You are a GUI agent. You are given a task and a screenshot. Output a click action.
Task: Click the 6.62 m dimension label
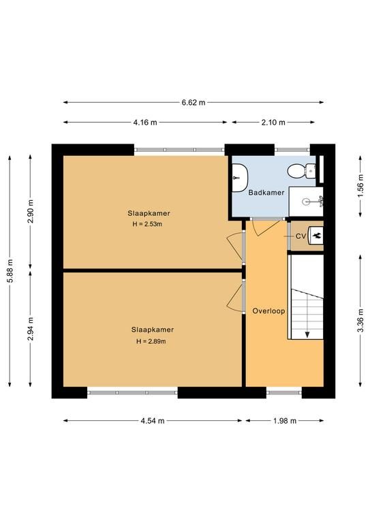click(194, 102)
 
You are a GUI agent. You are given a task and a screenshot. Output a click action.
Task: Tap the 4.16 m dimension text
click(145, 123)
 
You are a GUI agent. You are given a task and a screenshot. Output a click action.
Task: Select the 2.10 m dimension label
click(273, 123)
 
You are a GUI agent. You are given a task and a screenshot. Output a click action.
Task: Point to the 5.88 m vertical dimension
click(10, 270)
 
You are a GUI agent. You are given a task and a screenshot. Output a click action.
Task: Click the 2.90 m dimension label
click(31, 212)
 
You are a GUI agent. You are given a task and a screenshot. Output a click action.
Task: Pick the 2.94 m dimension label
click(31, 328)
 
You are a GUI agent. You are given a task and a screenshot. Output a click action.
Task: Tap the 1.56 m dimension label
click(360, 186)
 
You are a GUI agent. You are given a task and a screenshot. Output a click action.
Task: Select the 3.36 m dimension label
click(360, 321)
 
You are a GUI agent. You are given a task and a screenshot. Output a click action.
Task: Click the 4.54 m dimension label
click(153, 421)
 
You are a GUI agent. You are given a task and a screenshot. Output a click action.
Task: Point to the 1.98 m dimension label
click(285, 421)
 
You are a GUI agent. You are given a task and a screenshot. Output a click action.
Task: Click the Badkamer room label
click(266, 193)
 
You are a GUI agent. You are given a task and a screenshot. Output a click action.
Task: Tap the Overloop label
click(268, 311)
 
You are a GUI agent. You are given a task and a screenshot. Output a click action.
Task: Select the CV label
click(300, 236)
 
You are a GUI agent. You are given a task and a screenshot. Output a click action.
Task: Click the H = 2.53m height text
click(147, 224)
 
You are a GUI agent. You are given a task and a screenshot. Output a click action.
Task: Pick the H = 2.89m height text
click(151, 341)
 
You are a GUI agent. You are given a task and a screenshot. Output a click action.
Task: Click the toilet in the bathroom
click(301, 171)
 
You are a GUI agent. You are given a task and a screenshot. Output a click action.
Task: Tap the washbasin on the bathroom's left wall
click(240, 178)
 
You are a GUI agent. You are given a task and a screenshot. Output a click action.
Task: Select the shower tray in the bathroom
click(306, 202)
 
